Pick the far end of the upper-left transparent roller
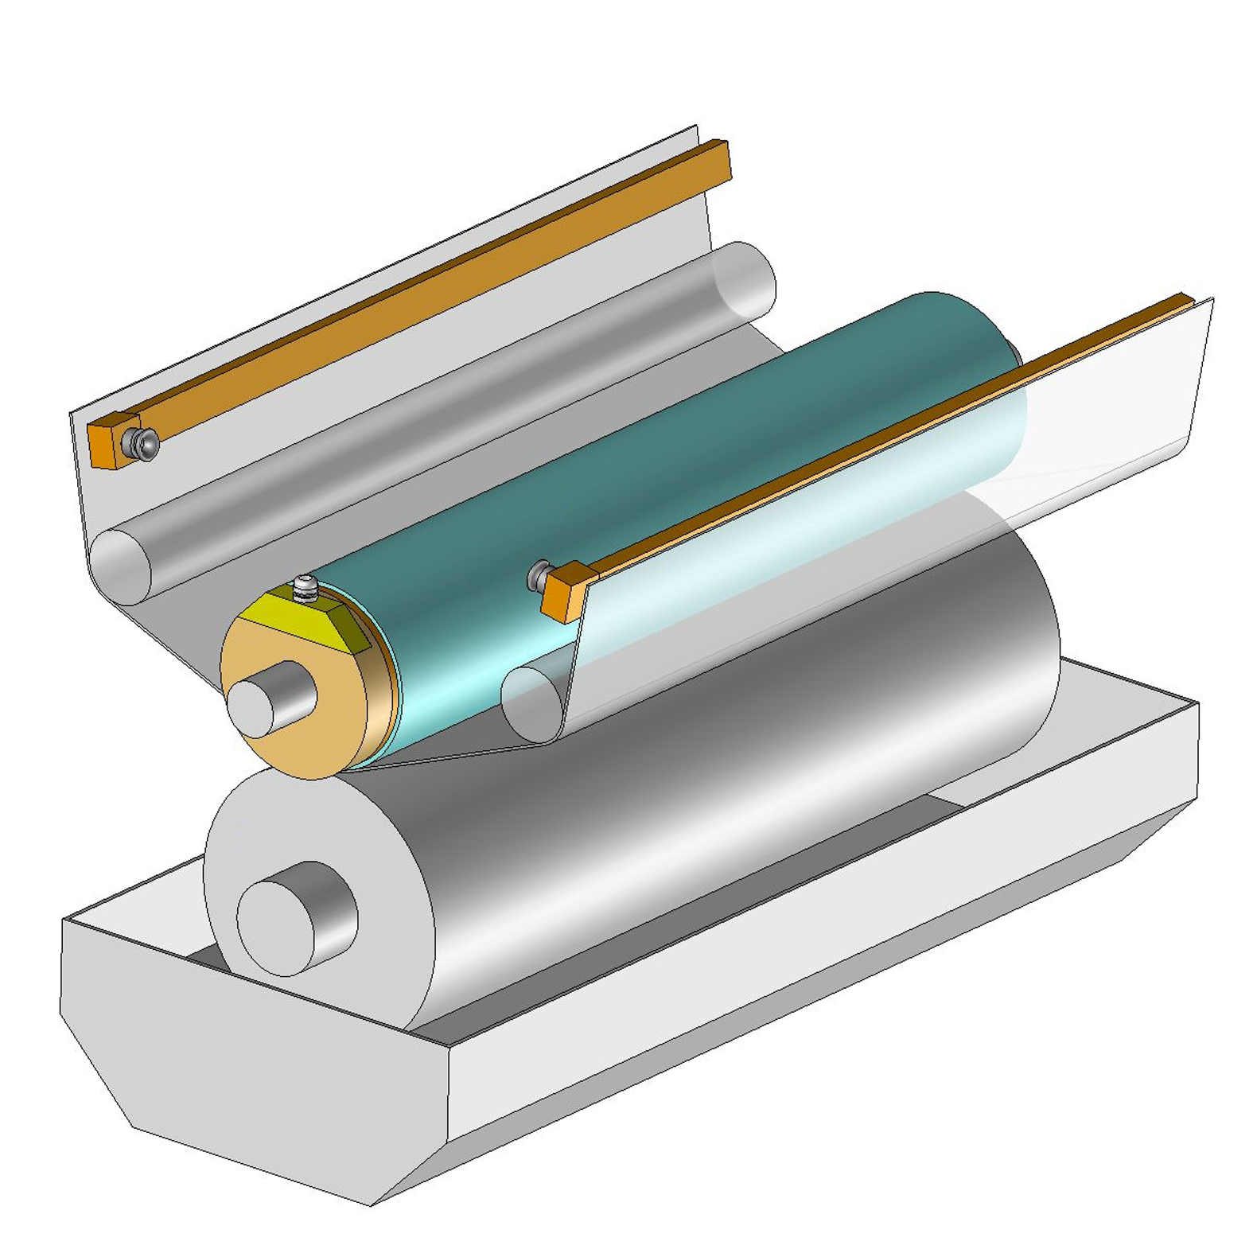point(744,278)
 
